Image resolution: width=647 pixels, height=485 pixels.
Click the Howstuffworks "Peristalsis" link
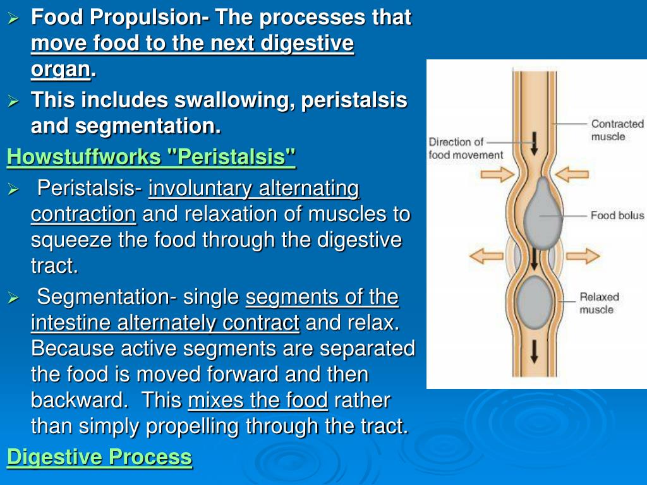point(152,157)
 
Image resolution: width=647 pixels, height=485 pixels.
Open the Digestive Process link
point(99,457)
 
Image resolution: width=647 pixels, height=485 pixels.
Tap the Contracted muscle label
point(617,130)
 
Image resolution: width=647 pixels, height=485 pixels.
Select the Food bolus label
point(617,215)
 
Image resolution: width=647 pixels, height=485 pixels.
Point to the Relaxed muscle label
point(599,303)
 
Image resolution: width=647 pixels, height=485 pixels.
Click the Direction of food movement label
point(466,148)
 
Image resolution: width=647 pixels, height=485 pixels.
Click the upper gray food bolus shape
point(543,214)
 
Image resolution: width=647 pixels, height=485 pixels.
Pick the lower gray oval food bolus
point(535,302)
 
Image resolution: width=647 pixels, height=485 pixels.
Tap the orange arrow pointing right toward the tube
point(497,174)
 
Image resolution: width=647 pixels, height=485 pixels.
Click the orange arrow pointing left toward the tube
point(571,174)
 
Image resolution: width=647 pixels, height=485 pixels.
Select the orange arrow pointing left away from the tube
point(487,256)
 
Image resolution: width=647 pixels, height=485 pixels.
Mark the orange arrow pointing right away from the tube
point(583,256)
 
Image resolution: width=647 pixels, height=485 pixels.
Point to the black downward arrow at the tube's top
point(535,143)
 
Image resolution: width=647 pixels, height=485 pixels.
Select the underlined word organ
point(61,69)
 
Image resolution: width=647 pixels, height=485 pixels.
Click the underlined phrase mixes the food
point(258,400)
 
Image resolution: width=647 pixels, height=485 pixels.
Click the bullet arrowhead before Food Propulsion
point(13,18)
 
